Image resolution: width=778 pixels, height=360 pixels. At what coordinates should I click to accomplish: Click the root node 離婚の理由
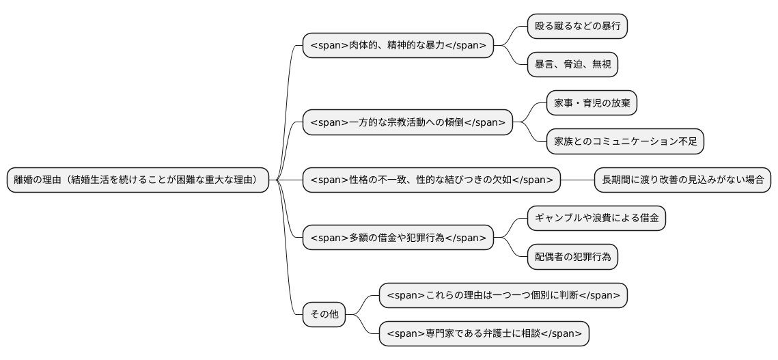point(137,180)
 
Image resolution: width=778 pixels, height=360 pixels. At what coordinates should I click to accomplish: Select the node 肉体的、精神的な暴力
point(398,46)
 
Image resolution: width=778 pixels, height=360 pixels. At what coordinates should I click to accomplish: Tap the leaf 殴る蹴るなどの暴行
point(577,27)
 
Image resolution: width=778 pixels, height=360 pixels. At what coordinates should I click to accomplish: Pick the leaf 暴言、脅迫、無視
point(573,65)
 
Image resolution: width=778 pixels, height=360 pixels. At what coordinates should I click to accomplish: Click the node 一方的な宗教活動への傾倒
point(408,122)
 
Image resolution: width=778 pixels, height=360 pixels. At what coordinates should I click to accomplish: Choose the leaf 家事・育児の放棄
point(592,103)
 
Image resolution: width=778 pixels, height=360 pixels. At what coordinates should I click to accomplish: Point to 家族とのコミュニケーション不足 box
point(625,141)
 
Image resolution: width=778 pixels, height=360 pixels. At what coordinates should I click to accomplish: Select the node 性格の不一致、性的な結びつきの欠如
point(432,180)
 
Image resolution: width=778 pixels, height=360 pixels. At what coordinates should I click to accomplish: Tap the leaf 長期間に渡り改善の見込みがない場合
point(682,180)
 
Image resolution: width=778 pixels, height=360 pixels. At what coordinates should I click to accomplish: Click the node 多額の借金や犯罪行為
point(398,238)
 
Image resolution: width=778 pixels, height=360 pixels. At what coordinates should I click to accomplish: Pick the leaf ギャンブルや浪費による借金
point(596,219)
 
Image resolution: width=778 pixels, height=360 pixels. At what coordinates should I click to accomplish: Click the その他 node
point(324,315)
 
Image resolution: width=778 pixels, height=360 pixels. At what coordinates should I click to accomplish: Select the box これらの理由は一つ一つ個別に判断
point(503,296)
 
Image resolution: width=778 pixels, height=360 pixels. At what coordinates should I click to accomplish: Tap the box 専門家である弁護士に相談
point(484,334)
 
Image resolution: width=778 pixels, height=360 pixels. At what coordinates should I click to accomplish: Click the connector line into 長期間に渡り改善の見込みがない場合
point(577,180)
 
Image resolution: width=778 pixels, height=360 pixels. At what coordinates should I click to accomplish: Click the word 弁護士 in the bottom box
point(486,334)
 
